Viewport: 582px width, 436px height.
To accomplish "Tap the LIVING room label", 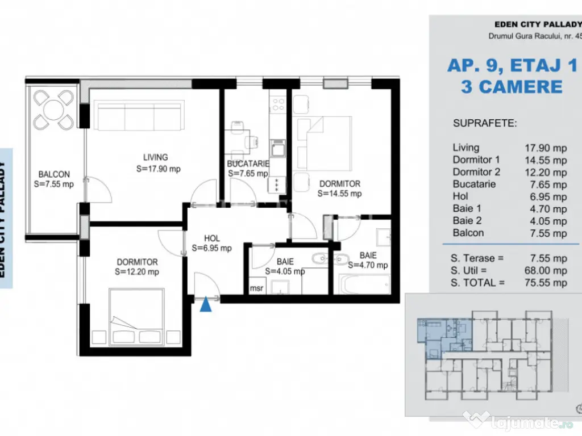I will pyautogui.click(x=155, y=157).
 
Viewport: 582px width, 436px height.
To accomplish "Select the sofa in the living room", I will pyautogui.click(x=140, y=116).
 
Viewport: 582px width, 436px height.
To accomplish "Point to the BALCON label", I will pyautogui.click(x=54, y=174).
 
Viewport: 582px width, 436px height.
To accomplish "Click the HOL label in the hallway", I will pyautogui.click(x=211, y=239).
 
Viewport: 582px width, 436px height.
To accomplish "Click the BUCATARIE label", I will pyautogui.click(x=247, y=163).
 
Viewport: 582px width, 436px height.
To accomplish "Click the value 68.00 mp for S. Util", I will pyautogui.click(x=545, y=270).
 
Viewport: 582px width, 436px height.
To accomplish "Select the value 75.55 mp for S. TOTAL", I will pyautogui.click(x=545, y=282).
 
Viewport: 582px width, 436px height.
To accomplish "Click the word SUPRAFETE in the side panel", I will pyautogui.click(x=485, y=123).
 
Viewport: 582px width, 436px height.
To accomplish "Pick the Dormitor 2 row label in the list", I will pyautogui.click(x=476, y=172).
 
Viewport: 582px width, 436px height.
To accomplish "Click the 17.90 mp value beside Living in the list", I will pyautogui.click(x=545, y=148).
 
